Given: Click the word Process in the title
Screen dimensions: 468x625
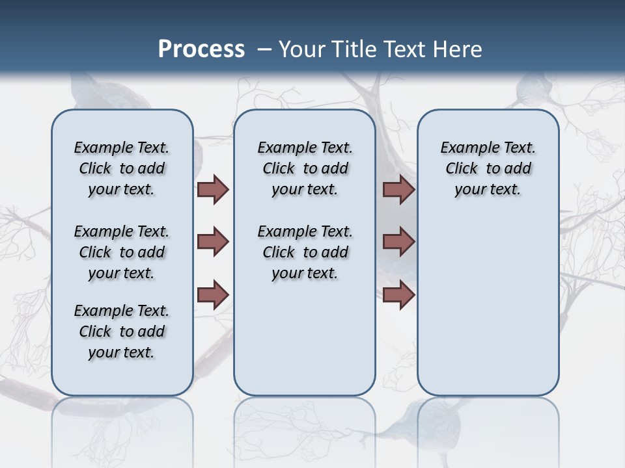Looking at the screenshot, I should [201, 49].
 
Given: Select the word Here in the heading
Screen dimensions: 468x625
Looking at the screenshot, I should [459, 49].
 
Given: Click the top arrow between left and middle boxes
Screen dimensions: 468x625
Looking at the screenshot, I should [213, 190].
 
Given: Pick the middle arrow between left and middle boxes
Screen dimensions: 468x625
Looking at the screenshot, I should [213, 242].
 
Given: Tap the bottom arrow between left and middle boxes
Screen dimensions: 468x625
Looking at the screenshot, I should [213, 294].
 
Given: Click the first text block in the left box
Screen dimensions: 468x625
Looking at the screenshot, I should [122, 168].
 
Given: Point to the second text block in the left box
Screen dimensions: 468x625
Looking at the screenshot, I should [122, 252].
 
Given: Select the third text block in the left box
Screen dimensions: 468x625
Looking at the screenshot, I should [122, 331].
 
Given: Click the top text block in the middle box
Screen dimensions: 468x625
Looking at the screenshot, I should [305, 168].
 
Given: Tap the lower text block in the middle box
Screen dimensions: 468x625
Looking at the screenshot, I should [305, 252].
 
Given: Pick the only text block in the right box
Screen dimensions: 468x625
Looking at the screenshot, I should [488, 168].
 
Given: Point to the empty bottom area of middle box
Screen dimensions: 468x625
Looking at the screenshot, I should [305, 338].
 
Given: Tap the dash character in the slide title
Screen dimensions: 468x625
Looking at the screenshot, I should [264, 49].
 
